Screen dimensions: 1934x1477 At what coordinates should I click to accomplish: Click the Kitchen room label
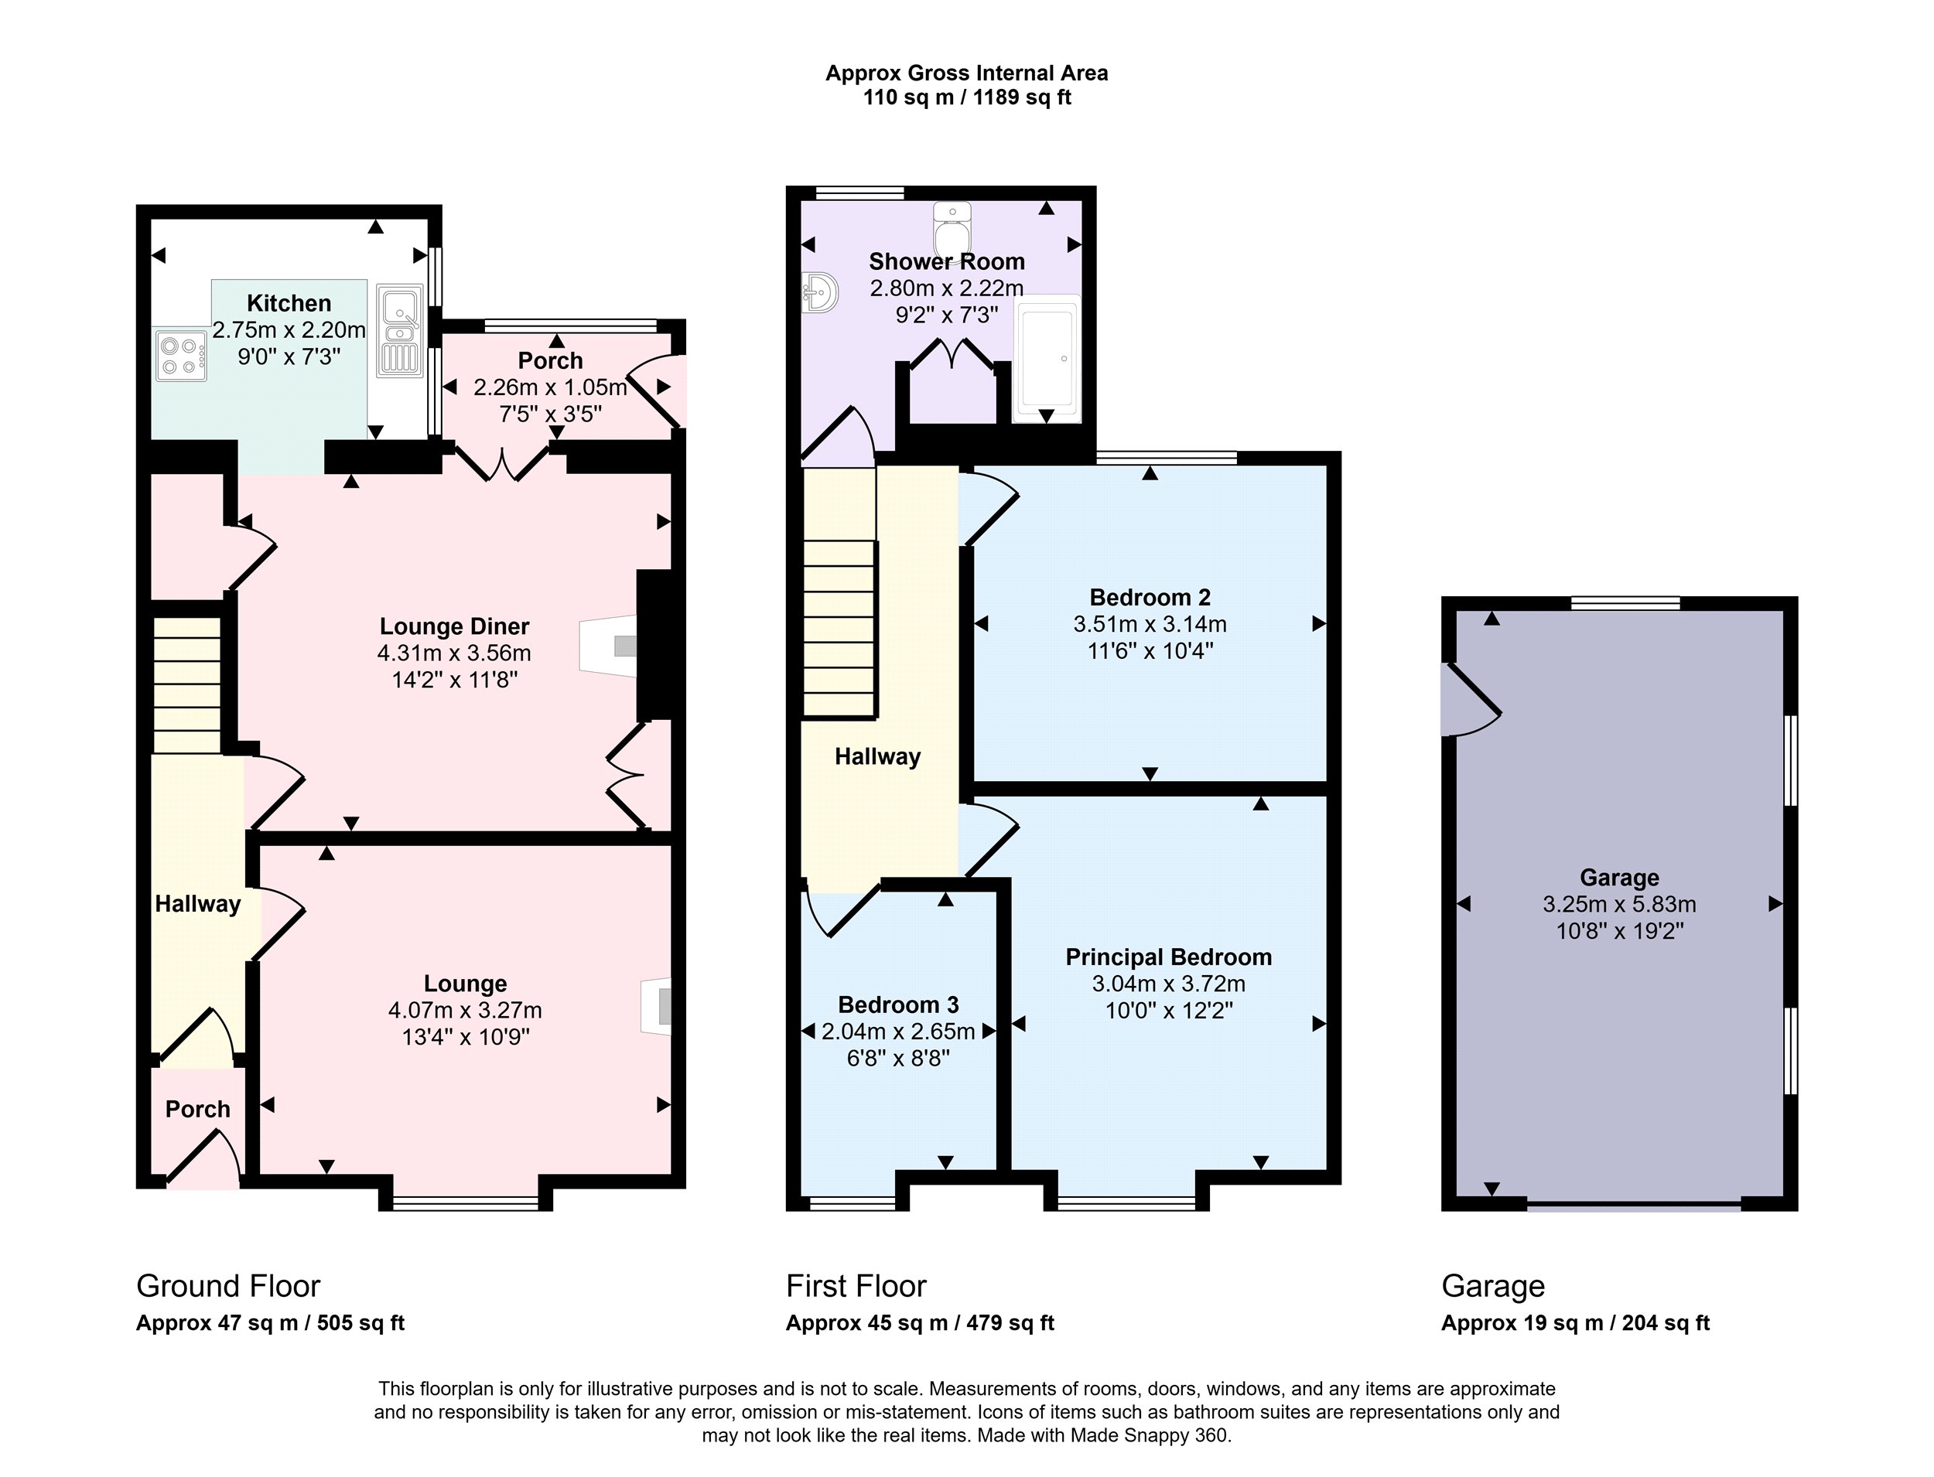pos(289,303)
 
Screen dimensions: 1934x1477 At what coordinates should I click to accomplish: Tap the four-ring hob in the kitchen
pos(181,355)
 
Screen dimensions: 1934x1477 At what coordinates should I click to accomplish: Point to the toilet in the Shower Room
pos(952,230)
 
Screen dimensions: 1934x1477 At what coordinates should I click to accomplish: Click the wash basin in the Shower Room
pos(820,292)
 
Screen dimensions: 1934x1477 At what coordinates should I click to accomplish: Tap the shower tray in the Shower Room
pos(1047,359)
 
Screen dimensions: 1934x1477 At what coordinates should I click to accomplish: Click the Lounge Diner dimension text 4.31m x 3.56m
pos(454,653)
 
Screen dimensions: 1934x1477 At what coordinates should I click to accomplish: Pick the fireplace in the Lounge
pos(656,1006)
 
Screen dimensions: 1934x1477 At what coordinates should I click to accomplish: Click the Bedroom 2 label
pos(1150,598)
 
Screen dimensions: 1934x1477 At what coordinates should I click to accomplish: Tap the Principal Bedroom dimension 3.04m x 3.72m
pos(1168,984)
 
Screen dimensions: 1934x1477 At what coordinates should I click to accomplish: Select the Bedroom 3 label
pos(898,1005)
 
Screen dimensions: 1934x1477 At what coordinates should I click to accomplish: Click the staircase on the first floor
pos(839,592)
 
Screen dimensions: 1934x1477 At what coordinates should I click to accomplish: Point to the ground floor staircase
pos(187,685)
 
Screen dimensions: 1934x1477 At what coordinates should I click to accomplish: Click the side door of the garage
pos(1471,700)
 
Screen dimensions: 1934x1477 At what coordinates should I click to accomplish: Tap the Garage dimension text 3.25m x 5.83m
pos(1619,904)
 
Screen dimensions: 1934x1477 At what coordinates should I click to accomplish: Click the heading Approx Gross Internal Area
pos(966,74)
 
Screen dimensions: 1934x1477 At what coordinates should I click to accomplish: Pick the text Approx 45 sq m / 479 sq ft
pos(920,1323)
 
